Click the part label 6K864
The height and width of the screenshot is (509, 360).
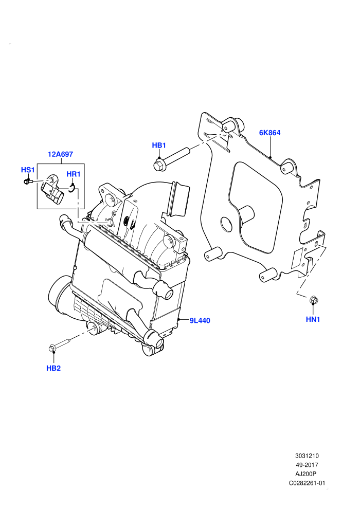click(269, 133)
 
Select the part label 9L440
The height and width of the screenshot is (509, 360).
click(200, 321)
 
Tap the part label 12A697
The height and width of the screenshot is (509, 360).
click(60, 154)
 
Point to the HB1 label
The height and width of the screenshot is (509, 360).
click(159, 145)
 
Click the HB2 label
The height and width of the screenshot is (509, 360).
click(53, 368)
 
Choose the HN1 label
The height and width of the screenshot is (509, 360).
click(313, 319)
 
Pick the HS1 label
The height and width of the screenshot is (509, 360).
click(28, 170)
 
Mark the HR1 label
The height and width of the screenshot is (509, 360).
click(74, 174)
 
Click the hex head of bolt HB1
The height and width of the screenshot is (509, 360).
click(158, 165)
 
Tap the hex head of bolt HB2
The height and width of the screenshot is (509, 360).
click(52, 348)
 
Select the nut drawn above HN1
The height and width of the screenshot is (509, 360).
click(314, 300)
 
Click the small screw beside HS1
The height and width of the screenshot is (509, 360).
click(27, 181)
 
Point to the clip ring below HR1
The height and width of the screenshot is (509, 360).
click(72, 188)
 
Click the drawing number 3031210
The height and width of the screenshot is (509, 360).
click(307, 456)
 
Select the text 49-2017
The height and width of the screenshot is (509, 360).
click(307, 465)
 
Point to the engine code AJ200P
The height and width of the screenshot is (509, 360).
click(305, 474)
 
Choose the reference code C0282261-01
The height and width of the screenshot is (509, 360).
click(307, 483)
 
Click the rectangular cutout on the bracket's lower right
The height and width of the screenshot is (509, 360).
click(297, 259)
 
